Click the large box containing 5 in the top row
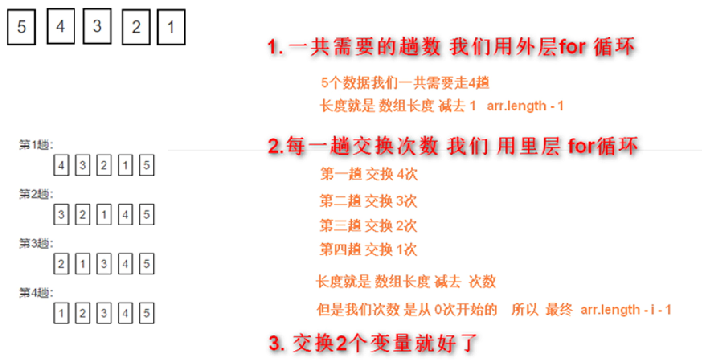click(x=21, y=27)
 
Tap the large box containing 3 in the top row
click(x=97, y=26)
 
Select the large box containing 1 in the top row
click(x=171, y=27)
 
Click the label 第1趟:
click(x=36, y=145)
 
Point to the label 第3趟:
click(x=36, y=243)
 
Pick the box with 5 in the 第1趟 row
click(x=147, y=165)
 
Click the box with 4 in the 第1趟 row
click(x=61, y=165)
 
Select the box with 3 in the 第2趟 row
click(x=61, y=215)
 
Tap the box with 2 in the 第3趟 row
click(x=61, y=264)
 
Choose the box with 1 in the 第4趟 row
click(x=61, y=313)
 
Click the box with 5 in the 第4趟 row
click(x=147, y=313)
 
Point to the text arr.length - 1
click(x=525, y=106)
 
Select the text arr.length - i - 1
click(x=626, y=310)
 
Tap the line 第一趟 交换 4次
click(x=369, y=174)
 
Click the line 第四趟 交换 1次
click(x=368, y=250)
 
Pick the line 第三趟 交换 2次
click(x=368, y=226)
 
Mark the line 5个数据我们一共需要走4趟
click(x=405, y=83)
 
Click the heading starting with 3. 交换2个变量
click(x=373, y=344)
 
